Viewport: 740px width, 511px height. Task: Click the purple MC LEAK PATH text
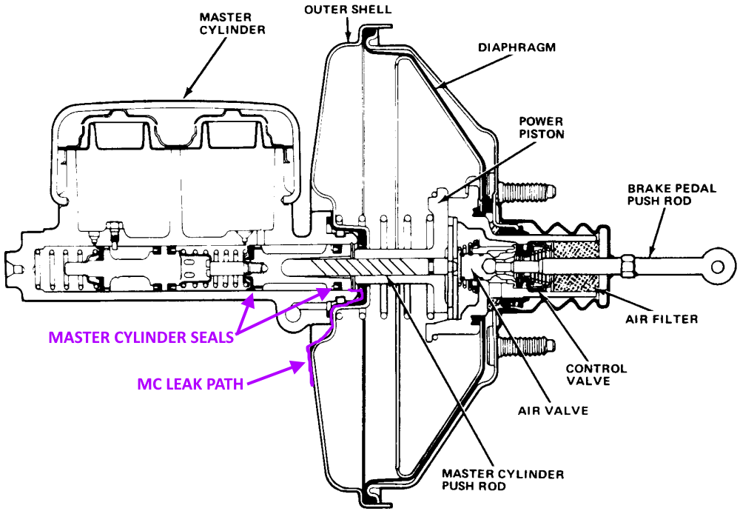coord(191,384)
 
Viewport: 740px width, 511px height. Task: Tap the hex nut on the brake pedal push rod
coord(625,263)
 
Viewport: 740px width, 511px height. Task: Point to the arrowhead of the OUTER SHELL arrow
coord(349,37)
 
